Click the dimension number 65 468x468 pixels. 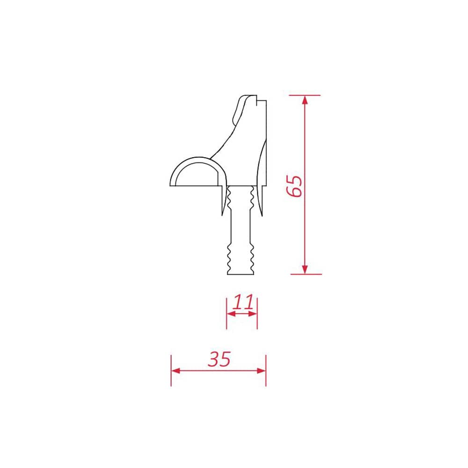[294, 186]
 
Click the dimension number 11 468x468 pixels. [243, 302]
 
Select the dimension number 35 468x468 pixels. [219, 359]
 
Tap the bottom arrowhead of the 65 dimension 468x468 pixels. [305, 270]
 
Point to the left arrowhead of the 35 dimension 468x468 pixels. [176, 371]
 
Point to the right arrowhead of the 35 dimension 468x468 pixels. [261, 371]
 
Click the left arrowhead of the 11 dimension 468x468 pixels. [231, 314]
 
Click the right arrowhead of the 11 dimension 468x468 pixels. [253, 314]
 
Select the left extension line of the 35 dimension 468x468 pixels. [171, 370]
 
